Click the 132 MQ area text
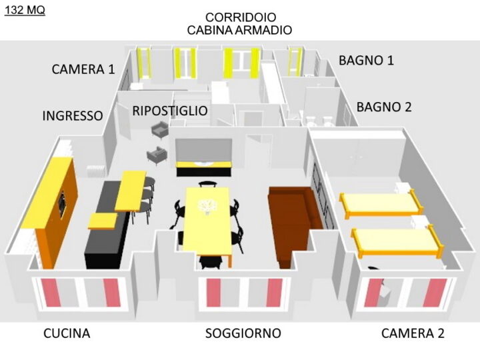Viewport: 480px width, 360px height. pos(25,10)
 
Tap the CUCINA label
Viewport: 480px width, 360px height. pos(67,333)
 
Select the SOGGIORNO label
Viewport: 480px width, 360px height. pos(243,333)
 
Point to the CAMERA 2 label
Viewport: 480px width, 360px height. pos(413,333)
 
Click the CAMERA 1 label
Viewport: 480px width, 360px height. pos(83,69)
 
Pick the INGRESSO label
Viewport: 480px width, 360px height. pos(73,116)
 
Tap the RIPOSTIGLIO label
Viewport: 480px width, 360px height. pos(170,111)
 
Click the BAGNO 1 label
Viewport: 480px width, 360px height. pos(366,60)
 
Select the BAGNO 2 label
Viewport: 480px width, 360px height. pos(384,107)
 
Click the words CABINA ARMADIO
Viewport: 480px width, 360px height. pos(239,30)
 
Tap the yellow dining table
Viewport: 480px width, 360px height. pos(207,221)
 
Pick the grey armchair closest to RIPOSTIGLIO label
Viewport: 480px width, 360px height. pos(161,129)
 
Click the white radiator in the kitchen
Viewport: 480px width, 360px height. pos(96,171)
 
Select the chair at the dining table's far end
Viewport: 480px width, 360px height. pos(208,184)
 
